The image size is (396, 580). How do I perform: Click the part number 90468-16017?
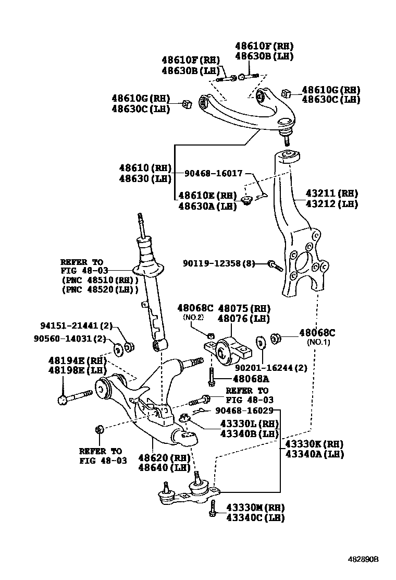click(214, 173)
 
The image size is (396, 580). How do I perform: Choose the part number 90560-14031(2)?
click(73, 340)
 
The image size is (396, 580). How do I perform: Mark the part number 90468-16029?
click(244, 411)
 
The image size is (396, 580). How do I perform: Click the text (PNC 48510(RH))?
click(99, 280)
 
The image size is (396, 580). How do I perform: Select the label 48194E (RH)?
click(77, 360)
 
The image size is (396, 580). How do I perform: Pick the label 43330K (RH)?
click(314, 444)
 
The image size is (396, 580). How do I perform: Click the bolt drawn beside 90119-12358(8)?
click(275, 265)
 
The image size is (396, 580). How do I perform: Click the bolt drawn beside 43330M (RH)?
click(213, 509)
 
